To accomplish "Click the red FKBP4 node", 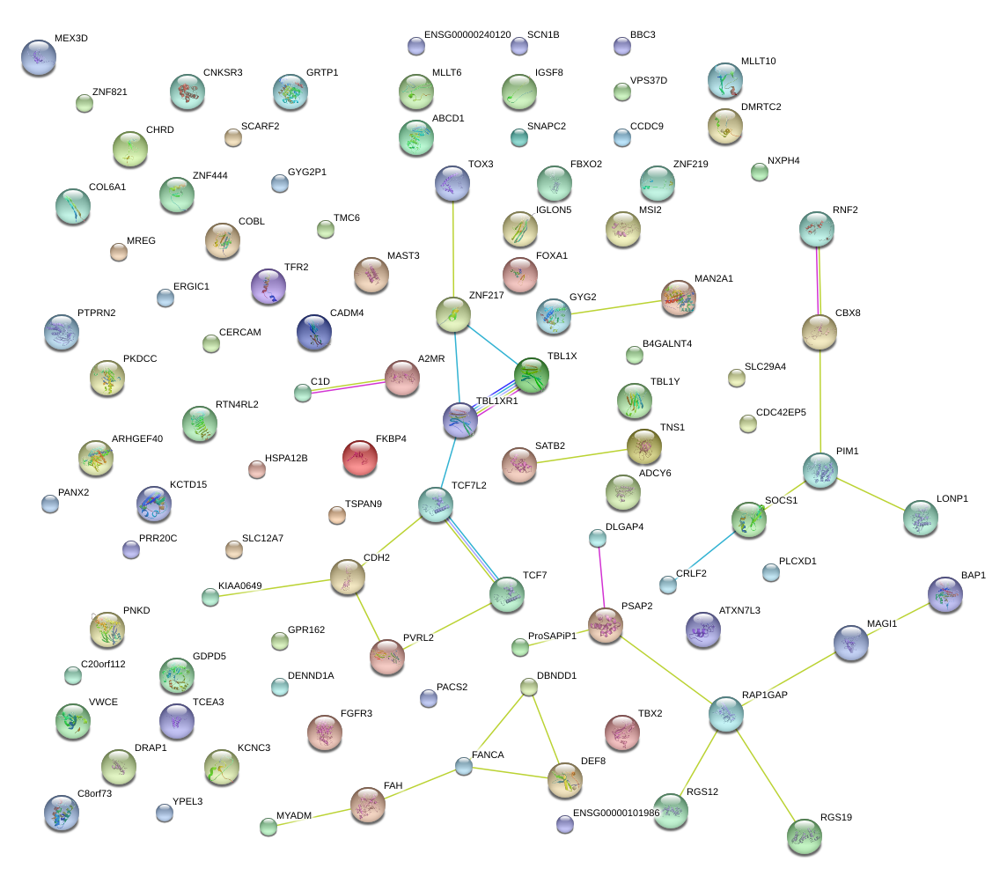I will pos(359,458).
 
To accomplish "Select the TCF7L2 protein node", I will pos(436,505).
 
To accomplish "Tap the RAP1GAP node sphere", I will pos(726,715).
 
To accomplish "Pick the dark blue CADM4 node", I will pos(314,332).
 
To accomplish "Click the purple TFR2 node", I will pos(268,285).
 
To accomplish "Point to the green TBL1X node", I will pos(532,375).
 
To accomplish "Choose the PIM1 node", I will pos(820,470).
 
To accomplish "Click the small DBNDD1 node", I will pos(528,687).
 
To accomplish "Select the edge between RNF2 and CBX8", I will pos(819,280).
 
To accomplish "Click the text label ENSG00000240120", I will pos(467,35).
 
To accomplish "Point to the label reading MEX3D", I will pos(71,40).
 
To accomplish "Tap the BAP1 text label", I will pos(973,575).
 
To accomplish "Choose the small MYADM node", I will pos(268,826).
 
